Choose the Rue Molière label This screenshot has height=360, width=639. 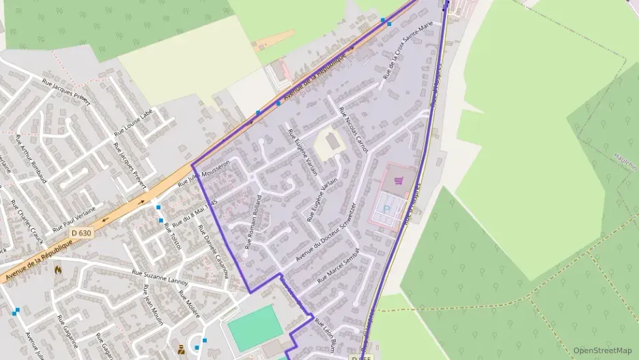click(x=189, y=305)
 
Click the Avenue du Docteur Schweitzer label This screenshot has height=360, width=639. click(x=326, y=233)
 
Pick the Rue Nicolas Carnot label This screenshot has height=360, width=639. click(x=354, y=129)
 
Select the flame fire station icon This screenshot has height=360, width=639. click(x=58, y=269)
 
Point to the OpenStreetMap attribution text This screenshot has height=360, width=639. click(x=602, y=350)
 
